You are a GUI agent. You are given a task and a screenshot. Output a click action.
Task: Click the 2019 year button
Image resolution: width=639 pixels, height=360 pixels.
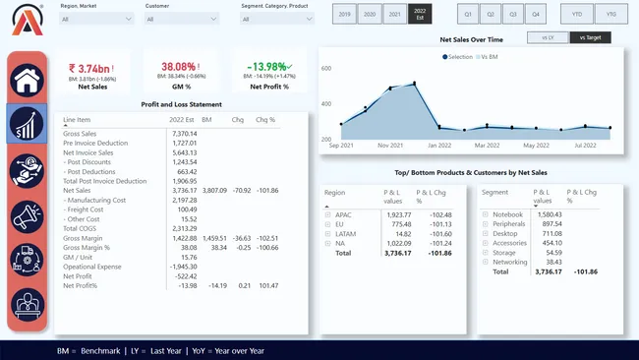pyautogui.click(x=345, y=15)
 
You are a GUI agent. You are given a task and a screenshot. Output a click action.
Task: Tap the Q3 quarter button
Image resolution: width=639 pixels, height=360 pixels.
pyautogui.click(x=513, y=15)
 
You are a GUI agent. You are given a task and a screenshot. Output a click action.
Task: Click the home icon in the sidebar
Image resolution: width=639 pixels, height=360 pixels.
pyautogui.click(x=27, y=79)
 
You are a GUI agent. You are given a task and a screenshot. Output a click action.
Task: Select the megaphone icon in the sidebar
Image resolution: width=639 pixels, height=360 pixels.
pyautogui.click(x=27, y=215)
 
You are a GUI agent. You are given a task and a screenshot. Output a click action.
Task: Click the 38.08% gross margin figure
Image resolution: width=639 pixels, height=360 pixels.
pyautogui.click(x=179, y=66)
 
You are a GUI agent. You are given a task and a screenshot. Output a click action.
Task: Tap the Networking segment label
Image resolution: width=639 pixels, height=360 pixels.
pyautogui.click(x=509, y=262)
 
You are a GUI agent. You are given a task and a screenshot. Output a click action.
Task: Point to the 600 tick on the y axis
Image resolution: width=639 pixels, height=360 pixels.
pyautogui.click(x=325, y=69)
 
